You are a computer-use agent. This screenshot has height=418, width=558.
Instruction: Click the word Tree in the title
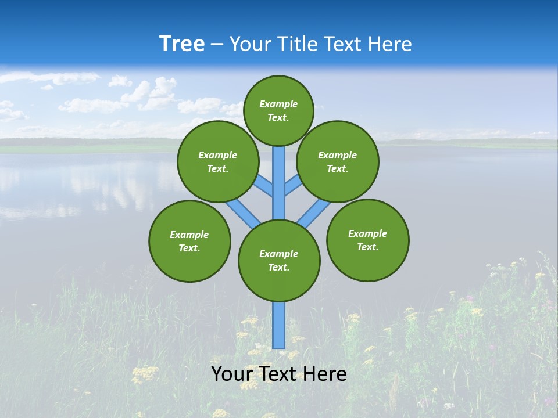point(182,44)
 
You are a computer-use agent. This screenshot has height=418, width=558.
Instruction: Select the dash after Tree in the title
point(217,45)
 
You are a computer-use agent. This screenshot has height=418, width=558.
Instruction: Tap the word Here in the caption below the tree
point(327,374)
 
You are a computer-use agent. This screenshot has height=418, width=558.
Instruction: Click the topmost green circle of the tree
point(278,110)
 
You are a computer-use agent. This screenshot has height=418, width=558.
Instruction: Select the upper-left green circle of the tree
point(218,161)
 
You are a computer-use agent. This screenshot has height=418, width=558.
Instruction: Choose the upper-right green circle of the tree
point(338,161)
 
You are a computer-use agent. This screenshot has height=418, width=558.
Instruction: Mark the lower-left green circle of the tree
point(189,241)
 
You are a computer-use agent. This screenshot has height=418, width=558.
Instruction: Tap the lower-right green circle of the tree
point(368,240)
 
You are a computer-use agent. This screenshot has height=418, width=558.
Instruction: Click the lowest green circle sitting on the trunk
point(279,261)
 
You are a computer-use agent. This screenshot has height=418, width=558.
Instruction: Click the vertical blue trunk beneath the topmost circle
point(279,174)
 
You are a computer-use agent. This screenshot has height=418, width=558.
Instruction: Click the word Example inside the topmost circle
point(278,104)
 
